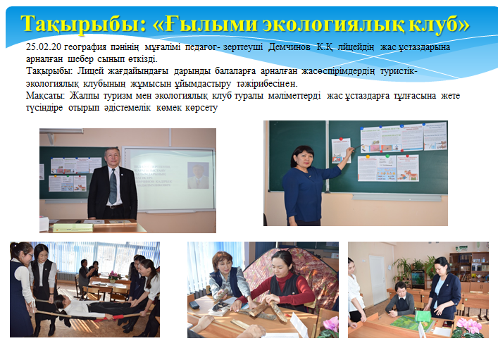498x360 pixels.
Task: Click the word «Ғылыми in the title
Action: click(x=205, y=25)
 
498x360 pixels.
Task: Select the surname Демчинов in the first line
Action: click(x=290, y=47)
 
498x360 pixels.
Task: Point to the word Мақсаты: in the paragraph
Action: click(x=45, y=96)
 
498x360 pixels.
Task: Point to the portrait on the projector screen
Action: click(x=197, y=175)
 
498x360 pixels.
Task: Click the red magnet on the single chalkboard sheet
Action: click(x=341, y=139)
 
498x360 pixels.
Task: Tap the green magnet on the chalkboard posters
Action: click(x=387, y=156)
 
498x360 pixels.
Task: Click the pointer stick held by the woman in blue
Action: click(x=359, y=147)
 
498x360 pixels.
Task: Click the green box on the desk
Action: click(x=423, y=316)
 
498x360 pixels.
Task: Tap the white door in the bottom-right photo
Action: click(x=378, y=280)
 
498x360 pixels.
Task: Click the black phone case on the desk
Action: click(x=194, y=305)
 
